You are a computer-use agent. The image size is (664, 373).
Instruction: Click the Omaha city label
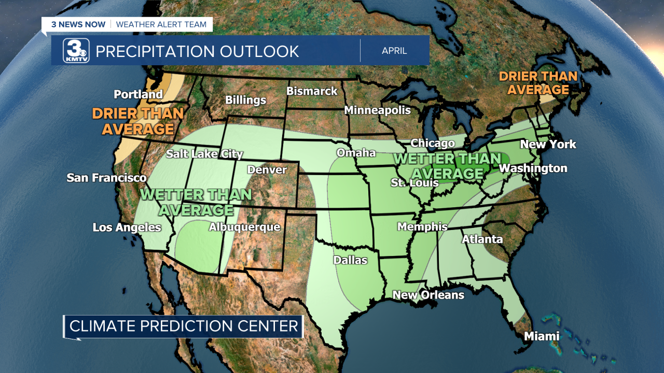pyautogui.click(x=356, y=153)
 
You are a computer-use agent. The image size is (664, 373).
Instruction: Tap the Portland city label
pyautogui.click(x=138, y=94)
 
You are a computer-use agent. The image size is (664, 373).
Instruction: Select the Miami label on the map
pyautogui.click(x=542, y=336)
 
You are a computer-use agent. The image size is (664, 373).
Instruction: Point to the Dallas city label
pyautogui.click(x=350, y=260)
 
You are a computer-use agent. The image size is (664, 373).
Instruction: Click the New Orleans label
pyautogui.click(x=428, y=295)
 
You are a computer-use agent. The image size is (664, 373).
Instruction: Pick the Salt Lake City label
pyautogui.click(x=204, y=154)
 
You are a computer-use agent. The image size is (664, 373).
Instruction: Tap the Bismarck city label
pyautogui.click(x=312, y=91)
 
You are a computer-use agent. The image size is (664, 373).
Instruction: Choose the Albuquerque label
pyautogui.click(x=244, y=227)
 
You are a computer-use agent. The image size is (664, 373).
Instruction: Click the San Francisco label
pyautogui.click(x=106, y=178)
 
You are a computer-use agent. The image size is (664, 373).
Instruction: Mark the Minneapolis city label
pyautogui.click(x=377, y=110)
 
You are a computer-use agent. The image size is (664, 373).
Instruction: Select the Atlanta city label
pyautogui.click(x=482, y=239)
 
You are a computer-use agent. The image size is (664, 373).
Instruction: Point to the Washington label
pyautogui.click(x=533, y=168)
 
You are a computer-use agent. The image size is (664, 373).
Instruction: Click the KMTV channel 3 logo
pyautogui.click(x=76, y=51)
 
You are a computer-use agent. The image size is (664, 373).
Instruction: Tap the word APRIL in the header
pyautogui.click(x=394, y=51)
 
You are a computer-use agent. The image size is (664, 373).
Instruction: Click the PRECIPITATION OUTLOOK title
pyautogui.click(x=197, y=51)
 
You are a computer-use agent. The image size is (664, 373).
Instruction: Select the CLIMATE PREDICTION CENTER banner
pyautogui.click(x=184, y=326)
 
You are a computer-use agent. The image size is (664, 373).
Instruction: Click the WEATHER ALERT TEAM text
pyautogui.click(x=161, y=24)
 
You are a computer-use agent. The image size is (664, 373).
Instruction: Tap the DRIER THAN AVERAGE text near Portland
pyautogui.click(x=138, y=121)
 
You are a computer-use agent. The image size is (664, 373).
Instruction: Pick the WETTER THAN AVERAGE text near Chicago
pyautogui.click(x=447, y=166)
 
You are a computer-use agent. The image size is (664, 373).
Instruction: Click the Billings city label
pyautogui.click(x=245, y=100)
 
